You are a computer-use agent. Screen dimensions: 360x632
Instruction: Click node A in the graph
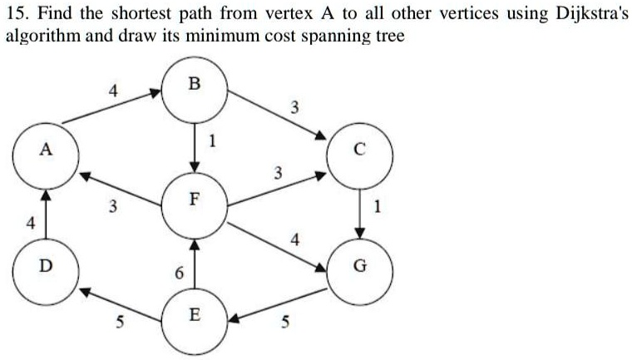coord(46,150)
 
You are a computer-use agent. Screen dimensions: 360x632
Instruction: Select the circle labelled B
coord(195,85)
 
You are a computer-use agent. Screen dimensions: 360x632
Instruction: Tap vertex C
coord(358,150)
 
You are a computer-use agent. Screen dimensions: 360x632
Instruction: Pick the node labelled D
coord(46,265)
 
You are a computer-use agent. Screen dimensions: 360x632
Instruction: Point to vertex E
coord(195,316)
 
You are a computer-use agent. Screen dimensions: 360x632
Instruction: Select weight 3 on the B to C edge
coord(293,106)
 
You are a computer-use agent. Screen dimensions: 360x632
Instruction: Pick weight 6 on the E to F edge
coord(178,274)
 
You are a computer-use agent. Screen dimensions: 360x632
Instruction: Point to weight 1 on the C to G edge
coord(379,209)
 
